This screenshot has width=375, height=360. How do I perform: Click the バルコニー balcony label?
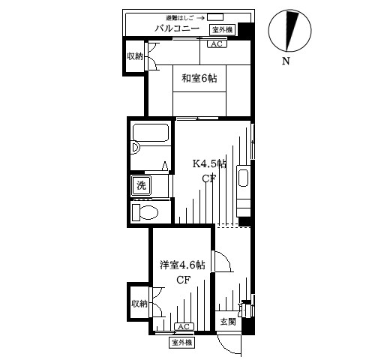[x=176, y=28]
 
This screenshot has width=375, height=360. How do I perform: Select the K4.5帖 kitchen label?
[x=209, y=163]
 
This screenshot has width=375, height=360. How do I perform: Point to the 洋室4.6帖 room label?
[x=181, y=265]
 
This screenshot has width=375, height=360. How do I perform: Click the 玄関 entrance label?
[x=227, y=321]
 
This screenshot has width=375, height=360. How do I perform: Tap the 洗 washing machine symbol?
[x=140, y=185]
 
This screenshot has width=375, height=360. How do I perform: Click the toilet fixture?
[x=144, y=212]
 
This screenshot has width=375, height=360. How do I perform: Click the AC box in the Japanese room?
[x=215, y=44]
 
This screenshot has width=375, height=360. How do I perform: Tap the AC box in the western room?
[x=184, y=326]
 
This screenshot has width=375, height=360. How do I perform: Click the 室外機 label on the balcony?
[x=223, y=29]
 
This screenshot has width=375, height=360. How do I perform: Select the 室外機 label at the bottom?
[x=182, y=342]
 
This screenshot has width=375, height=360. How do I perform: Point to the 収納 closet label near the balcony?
[x=135, y=55]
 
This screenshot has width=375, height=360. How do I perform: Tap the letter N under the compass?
[x=286, y=61]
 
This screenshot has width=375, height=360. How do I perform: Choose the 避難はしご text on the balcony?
[x=176, y=16]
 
